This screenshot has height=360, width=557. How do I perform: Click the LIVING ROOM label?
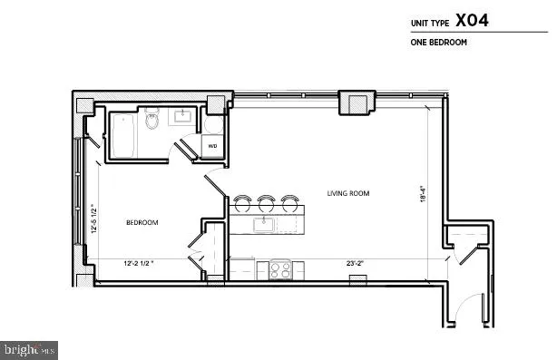[348, 193]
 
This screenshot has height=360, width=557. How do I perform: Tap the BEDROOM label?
[142, 223]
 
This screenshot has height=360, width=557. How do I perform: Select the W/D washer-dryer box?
[212, 145]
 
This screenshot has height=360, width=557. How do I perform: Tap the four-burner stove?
[279, 268]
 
